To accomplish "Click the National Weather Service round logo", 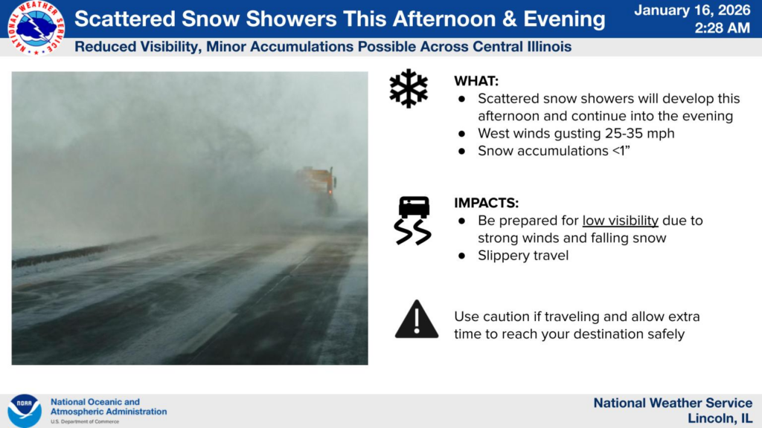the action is click(36, 27).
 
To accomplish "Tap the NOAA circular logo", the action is click(25, 410).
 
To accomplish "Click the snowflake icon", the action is click(409, 88).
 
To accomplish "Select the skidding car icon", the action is click(413, 220).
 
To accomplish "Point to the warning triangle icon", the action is click(417, 319).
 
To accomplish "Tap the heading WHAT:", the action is click(476, 81).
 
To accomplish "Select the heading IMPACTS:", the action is click(487, 203).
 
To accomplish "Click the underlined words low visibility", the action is click(621, 221).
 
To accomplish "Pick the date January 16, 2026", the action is click(693, 10).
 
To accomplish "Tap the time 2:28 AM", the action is click(722, 28).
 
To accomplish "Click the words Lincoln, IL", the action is click(720, 418).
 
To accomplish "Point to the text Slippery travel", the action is click(523, 256).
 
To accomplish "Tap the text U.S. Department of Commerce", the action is click(85, 422).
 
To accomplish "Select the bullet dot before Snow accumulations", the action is click(461, 152).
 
